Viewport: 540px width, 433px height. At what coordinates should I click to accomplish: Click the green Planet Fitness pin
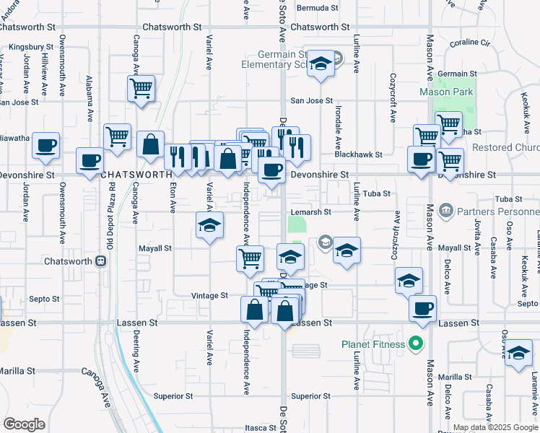pos(415,344)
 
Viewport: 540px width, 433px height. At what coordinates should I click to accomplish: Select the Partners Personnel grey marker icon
pos(445,211)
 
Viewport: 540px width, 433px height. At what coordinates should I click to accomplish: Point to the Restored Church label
pos(505,148)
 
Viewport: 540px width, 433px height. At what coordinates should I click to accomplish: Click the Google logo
pos(25,424)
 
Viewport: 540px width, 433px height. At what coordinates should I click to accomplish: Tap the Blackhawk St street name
pos(358,154)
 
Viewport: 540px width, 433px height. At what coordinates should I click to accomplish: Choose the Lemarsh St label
pos(310,212)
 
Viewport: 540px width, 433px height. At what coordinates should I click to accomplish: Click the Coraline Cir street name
pos(469,43)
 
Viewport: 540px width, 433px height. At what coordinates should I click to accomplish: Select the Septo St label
pos(44,299)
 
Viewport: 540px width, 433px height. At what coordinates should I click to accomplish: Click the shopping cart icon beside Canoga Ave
pos(141,89)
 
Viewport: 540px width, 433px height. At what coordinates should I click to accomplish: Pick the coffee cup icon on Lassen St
pos(422,307)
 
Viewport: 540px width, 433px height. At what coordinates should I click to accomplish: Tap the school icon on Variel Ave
pos(209,225)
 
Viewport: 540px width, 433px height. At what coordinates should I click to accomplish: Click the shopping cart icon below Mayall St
pos(250,258)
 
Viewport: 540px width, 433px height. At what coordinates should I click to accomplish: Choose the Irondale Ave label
pos(338,123)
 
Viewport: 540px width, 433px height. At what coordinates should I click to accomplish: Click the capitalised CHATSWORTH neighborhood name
pos(136,175)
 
